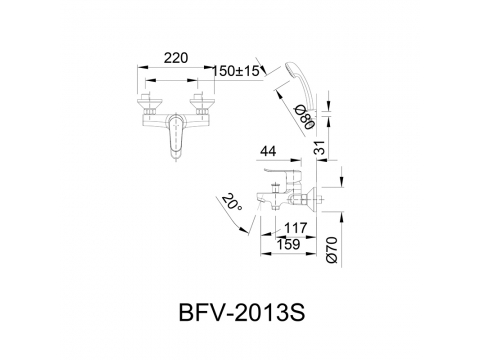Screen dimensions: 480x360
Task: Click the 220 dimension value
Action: (176, 58)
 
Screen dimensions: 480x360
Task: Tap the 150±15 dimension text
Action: (236, 71)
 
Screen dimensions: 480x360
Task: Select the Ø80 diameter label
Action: (306, 117)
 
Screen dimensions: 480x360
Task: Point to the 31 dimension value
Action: (320, 147)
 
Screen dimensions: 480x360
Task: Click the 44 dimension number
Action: (268, 151)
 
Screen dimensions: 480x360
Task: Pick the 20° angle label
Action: (232, 202)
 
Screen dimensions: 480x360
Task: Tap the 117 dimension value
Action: (295, 228)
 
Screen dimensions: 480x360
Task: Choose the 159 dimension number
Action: (288, 244)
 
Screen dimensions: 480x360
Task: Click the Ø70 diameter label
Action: (332, 250)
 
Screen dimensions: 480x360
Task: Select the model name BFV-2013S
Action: (242, 313)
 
